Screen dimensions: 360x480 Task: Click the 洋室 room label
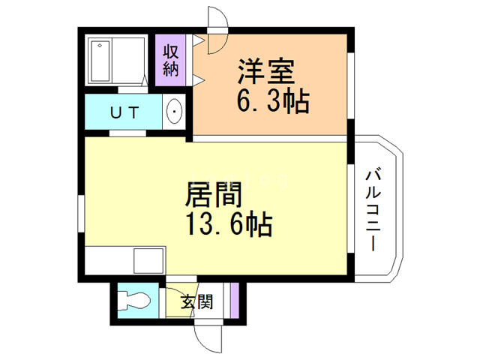point(266,74)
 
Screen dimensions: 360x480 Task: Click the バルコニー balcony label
point(373,211)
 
